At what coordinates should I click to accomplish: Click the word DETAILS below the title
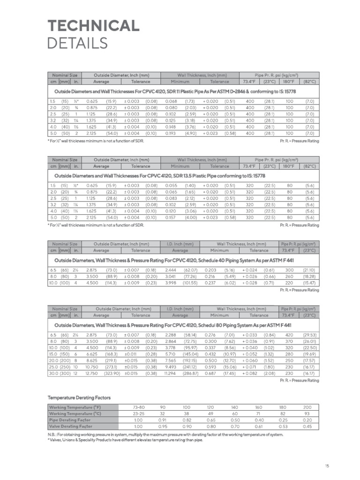[x=78, y=43]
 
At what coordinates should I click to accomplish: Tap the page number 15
[x=327, y=465]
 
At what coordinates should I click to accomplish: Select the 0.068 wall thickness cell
[x=171, y=101]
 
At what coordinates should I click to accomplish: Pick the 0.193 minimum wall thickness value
[x=171, y=134]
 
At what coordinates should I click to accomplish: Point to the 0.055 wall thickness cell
[x=171, y=186]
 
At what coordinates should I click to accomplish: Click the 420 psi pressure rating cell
[x=289, y=335]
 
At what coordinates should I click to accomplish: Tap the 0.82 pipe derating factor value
[x=187, y=420]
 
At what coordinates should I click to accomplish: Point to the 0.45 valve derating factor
[x=307, y=427]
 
